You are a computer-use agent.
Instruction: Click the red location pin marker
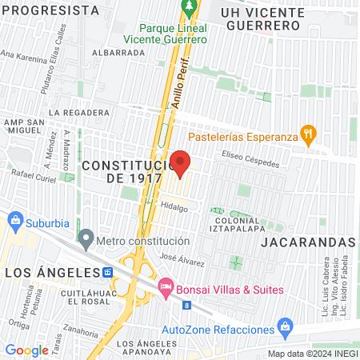click(181, 162)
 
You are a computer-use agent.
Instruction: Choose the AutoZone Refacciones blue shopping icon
click(284, 327)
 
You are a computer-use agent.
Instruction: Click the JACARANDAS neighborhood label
click(308, 241)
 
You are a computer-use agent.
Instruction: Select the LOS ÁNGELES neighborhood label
click(51, 274)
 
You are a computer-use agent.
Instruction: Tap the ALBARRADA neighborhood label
click(118, 52)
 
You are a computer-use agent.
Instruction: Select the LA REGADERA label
click(78, 113)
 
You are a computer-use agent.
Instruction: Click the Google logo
click(27, 350)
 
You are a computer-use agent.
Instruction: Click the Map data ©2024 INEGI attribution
click(312, 354)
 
